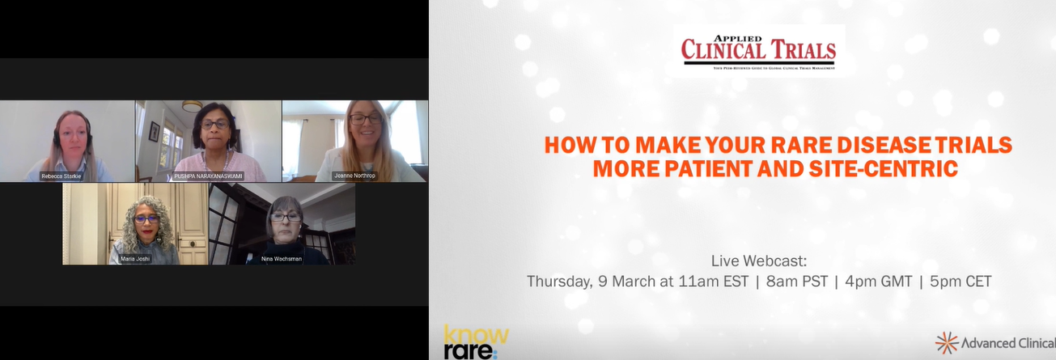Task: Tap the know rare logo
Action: coord(476,342)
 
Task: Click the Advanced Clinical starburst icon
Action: coord(946,343)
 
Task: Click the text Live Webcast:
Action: coord(759,261)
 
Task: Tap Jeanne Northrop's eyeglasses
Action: coord(365,119)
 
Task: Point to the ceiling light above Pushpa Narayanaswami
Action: coord(192,106)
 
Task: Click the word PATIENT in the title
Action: coord(683,169)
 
